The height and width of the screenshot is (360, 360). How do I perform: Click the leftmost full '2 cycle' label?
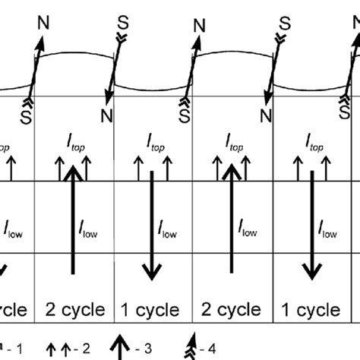coord(74,311)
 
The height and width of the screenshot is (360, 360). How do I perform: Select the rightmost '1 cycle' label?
coord(309,311)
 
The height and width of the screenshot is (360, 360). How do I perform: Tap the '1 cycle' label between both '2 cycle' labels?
coord(150,311)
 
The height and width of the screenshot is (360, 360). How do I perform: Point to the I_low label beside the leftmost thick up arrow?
coord(89,226)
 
